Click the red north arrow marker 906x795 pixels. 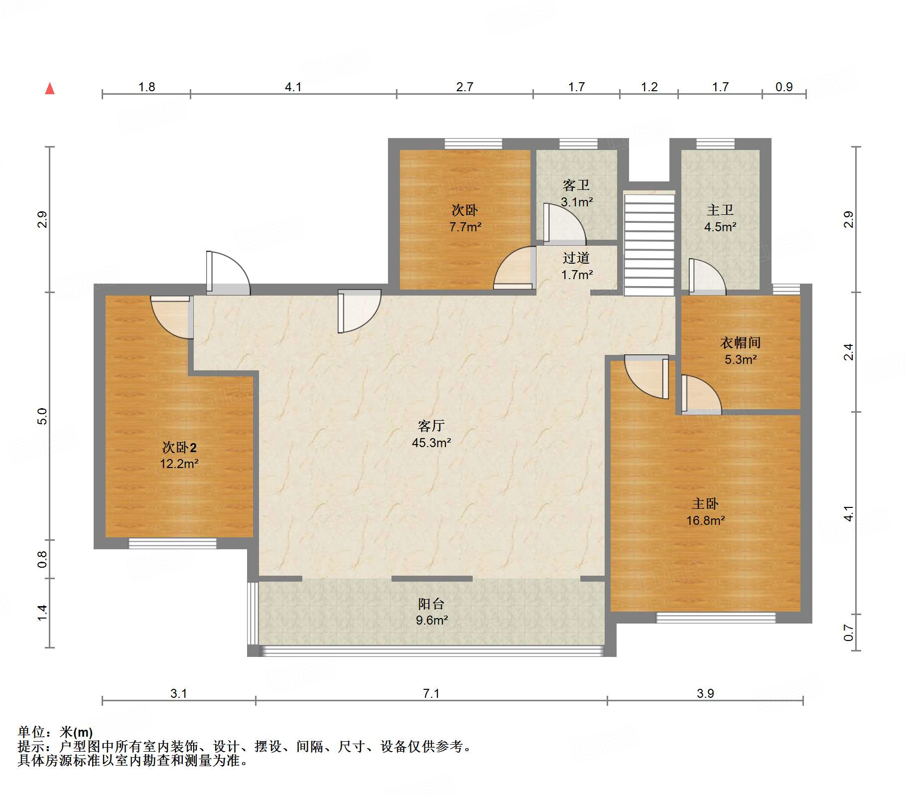(50, 89)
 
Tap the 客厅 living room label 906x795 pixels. (431, 426)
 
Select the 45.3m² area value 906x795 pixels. (431, 443)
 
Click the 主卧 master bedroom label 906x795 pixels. (705, 504)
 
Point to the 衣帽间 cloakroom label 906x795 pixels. (741, 343)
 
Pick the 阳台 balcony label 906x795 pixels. (431, 604)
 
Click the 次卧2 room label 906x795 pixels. (179, 447)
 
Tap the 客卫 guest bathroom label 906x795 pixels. (576, 185)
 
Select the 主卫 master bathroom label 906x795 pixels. (720, 210)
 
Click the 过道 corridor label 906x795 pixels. (576, 258)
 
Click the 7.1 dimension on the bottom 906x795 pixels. (431, 693)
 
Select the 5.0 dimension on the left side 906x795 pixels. (42, 416)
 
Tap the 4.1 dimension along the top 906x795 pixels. (293, 87)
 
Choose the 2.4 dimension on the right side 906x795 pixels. (849, 352)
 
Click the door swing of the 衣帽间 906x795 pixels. (701, 394)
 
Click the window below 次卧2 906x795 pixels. (173, 543)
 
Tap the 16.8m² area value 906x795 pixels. (705, 521)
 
